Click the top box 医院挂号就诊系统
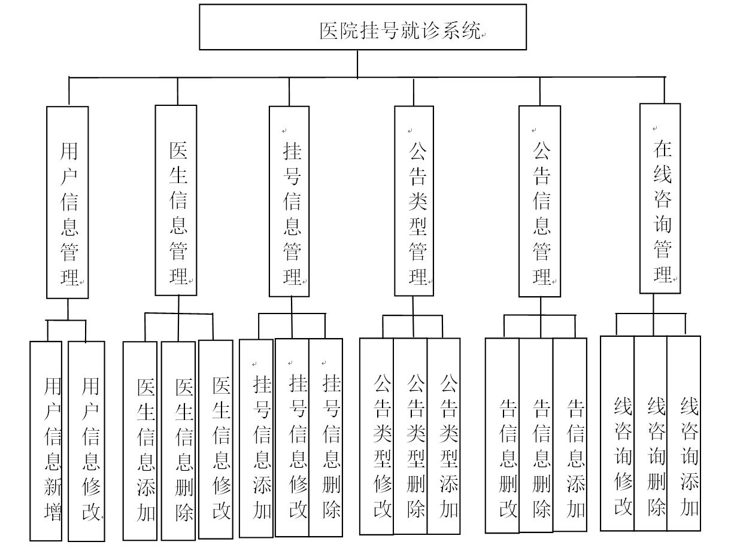[x=363, y=27]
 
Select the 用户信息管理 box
[x=68, y=202]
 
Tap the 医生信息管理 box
[x=176, y=200]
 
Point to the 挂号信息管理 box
[x=289, y=201]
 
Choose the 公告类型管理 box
[x=414, y=201]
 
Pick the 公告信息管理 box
[x=539, y=201]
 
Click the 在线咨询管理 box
[x=660, y=199]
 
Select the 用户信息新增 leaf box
[x=46, y=441]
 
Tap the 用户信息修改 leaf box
[x=86, y=441]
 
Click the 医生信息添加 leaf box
[x=140, y=441]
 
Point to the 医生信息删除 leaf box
[x=178, y=441]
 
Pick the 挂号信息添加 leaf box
[x=257, y=438]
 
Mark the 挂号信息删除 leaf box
[x=326, y=437]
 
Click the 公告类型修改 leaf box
[x=377, y=436]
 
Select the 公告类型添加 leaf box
[x=444, y=436]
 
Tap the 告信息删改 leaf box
[x=502, y=436]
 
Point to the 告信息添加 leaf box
[x=569, y=435]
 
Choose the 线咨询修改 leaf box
[x=617, y=433]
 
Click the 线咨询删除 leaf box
[x=651, y=433]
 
